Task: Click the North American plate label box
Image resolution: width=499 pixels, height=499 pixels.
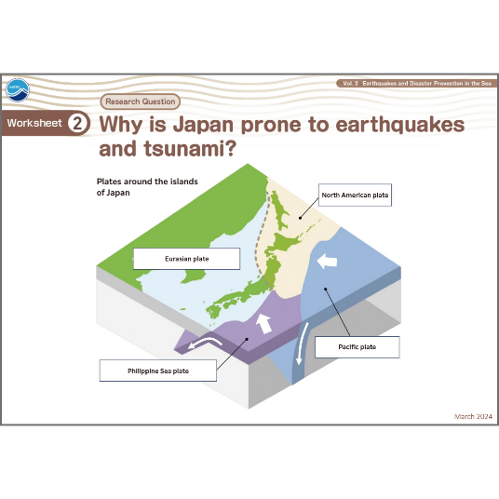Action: [355, 196]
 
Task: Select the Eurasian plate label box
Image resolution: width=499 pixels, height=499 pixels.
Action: [186, 259]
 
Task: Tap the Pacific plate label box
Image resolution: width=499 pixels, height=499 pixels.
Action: [357, 347]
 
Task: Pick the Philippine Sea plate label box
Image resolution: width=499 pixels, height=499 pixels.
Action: [158, 371]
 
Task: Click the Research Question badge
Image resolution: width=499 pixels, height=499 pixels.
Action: [141, 101]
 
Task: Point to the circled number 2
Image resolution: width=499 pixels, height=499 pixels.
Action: [77, 123]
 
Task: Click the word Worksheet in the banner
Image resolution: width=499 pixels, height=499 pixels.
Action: [34, 123]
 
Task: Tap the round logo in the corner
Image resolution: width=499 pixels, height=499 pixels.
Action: [18, 90]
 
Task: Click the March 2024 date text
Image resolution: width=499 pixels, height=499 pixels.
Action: [473, 416]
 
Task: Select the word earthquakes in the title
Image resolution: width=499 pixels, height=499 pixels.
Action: [400, 125]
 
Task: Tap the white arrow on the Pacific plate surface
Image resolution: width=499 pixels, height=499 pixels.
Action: [327, 262]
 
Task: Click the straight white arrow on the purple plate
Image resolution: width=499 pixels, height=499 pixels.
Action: [263, 324]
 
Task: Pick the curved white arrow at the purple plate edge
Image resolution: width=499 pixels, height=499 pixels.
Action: [205, 343]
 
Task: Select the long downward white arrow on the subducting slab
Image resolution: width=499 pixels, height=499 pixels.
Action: [302, 344]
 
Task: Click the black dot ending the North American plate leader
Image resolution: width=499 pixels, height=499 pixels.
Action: [300, 218]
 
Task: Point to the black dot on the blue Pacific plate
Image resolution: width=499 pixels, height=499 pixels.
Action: [326, 289]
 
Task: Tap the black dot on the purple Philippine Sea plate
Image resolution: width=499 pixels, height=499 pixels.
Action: [247, 339]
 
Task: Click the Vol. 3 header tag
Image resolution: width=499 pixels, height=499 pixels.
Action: [416, 84]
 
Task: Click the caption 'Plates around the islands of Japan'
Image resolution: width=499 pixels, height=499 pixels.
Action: [147, 187]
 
